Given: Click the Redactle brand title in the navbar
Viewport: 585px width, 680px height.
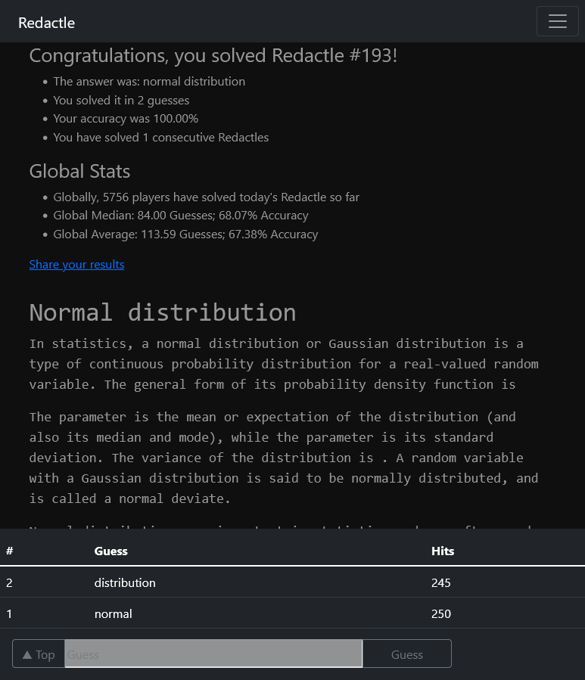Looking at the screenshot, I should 46,23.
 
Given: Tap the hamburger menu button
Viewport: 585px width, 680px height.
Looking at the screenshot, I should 557,22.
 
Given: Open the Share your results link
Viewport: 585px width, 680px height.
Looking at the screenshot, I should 76,264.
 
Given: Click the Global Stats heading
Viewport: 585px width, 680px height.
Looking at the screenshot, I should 79,172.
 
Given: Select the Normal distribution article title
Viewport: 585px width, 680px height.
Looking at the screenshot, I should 162,312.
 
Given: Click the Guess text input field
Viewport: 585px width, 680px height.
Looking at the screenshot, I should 213,654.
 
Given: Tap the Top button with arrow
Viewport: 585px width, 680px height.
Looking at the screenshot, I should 39,654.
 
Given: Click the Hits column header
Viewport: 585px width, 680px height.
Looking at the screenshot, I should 443,551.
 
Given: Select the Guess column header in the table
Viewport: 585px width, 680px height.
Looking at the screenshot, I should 111,551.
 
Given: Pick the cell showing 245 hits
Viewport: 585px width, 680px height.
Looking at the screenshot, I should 440,582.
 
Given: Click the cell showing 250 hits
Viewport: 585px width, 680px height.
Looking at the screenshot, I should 440,613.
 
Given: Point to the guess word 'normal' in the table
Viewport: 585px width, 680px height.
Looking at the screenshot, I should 113,613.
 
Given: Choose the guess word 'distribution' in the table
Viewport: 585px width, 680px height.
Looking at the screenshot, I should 125,582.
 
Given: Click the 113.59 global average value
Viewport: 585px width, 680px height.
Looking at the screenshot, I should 157,234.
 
